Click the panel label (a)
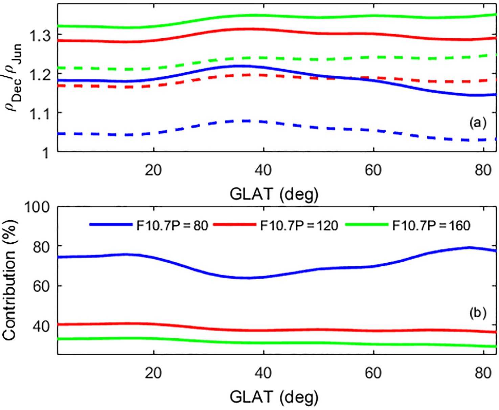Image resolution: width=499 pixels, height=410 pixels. click(x=477, y=123)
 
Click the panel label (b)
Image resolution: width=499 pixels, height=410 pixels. click(x=477, y=313)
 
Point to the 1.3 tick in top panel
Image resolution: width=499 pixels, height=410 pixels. click(x=40, y=35)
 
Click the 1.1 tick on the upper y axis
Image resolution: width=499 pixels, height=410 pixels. click(x=40, y=114)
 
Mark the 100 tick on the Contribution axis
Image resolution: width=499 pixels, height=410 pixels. click(x=37, y=207)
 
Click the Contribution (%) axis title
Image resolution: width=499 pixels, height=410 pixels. click(x=9, y=280)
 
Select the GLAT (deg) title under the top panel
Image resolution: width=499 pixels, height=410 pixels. click(x=274, y=194)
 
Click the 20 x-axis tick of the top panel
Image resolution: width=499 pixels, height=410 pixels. click(x=153, y=170)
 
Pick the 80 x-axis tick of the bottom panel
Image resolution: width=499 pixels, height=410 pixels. click(x=483, y=373)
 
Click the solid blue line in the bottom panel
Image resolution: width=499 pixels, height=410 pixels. click(x=203, y=272)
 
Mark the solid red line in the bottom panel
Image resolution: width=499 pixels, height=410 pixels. click(x=203, y=328)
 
